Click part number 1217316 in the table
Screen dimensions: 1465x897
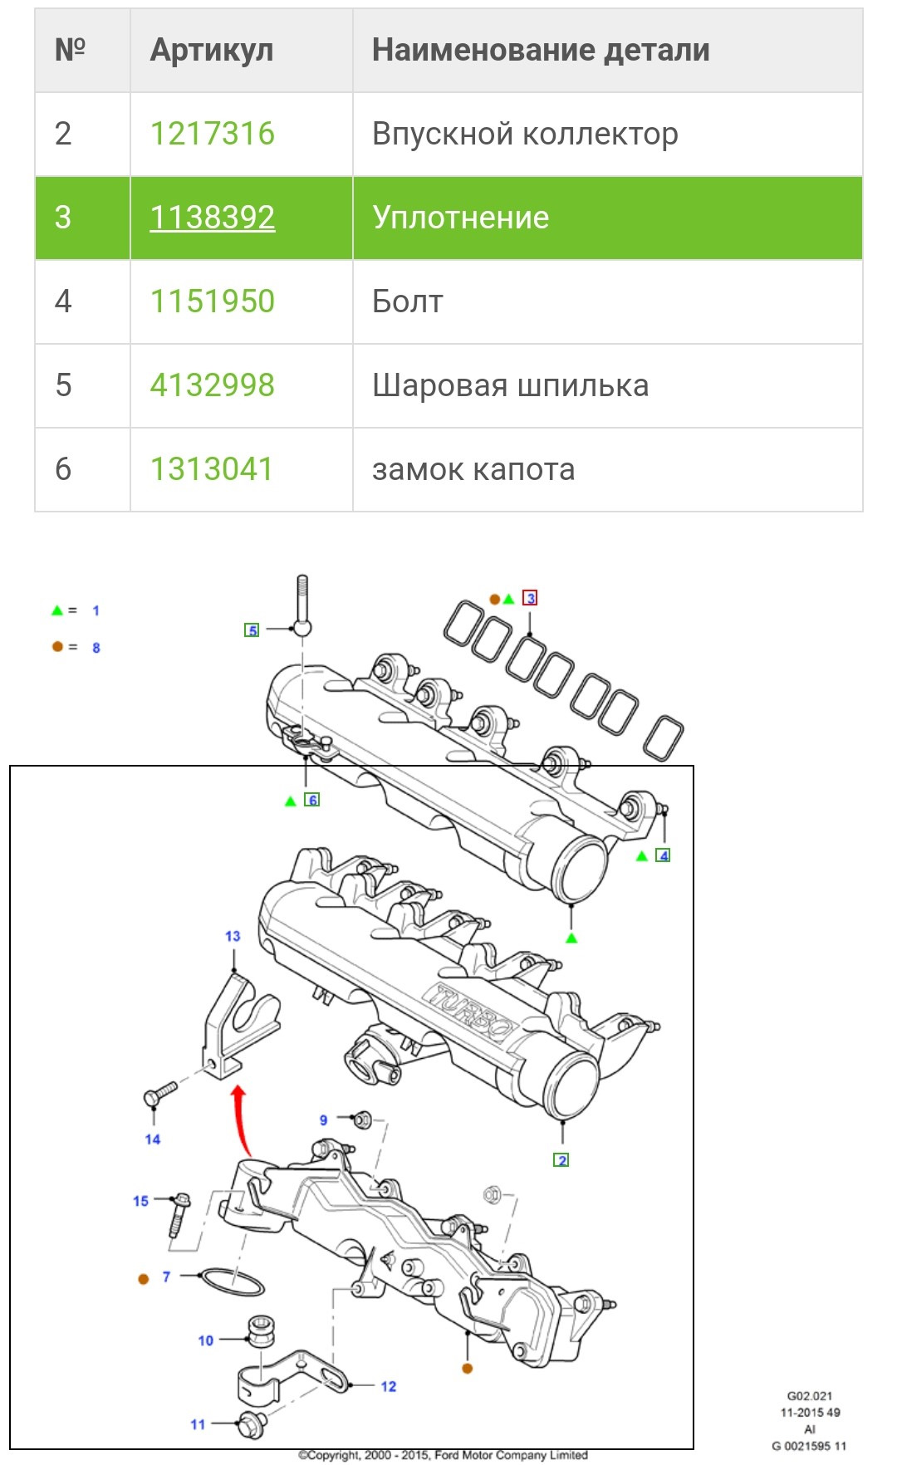(212, 134)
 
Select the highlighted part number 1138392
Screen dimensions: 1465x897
(212, 218)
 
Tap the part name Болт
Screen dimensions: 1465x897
(407, 301)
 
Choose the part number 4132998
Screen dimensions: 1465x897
(212, 385)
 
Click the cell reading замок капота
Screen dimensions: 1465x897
(473, 469)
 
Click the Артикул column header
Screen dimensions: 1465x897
(211, 51)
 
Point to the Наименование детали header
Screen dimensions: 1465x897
(541, 51)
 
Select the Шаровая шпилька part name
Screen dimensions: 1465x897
(510, 385)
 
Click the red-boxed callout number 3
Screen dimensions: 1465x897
(530, 598)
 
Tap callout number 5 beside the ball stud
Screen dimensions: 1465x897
(252, 630)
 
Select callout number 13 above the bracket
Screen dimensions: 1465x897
(233, 936)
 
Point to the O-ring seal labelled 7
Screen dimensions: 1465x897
(233, 1281)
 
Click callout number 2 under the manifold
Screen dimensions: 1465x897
(561, 1160)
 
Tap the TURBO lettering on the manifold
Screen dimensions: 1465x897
(470, 1012)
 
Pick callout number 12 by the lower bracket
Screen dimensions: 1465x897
(388, 1386)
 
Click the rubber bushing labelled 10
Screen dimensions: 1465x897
(261, 1330)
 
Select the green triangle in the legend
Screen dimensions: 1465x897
(56, 610)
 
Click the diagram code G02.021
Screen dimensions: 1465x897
(809, 1396)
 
